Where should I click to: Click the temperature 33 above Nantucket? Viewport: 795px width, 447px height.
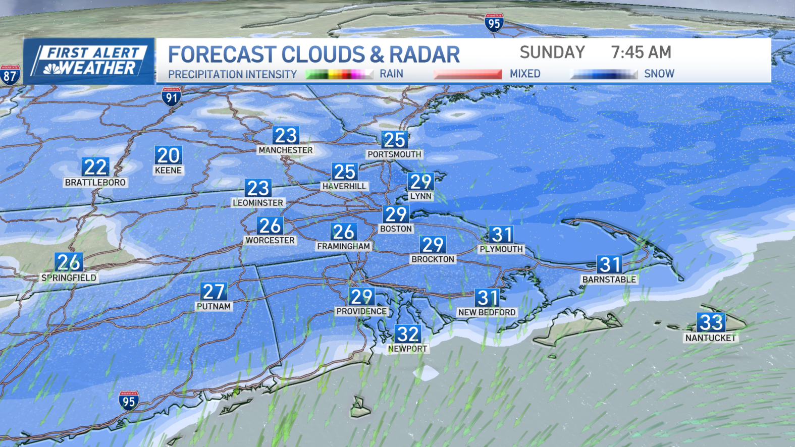pyautogui.click(x=711, y=322)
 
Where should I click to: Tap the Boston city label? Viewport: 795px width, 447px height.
pyautogui.click(x=396, y=229)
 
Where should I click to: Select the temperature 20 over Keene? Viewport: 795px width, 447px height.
pyautogui.click(x=168, y=155)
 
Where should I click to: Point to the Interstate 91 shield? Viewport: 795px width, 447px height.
pyautogui.click(x=172, y=96)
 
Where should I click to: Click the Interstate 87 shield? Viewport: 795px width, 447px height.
pyautogui.click(x=10, y=75)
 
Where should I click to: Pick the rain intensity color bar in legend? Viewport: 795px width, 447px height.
pyautogui.click(x=335, y=75)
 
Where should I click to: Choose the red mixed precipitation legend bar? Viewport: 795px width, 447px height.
pyautogui.click(x=467, y=74)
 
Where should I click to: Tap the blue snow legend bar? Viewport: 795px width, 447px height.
pyautogui.click(x=603, y=74)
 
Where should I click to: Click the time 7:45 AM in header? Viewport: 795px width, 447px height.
pyautogui.click(x=641, y=52)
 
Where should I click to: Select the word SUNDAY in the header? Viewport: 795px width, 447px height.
pyautogui.click(x=552, y=52)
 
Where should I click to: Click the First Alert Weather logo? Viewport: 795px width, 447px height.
pyautogui.click(x=89, y=61)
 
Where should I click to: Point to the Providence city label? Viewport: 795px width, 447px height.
pyautogui.click(x=361, y=311)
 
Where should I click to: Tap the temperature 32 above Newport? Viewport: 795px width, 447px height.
pyautogui.click(x=407, y=334)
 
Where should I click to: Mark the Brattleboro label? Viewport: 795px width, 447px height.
pyautogui.click(x=95, y=182)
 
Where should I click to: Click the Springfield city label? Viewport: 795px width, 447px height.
pyautogui.click(x=69, y=277)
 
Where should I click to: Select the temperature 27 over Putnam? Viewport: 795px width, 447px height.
pyautogui.click(x=214, y=292)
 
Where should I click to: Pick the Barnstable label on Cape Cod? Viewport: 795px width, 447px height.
pyautogui.click(x=609, y=279)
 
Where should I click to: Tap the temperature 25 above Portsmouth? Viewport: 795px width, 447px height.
pyautogui.click(x=394, y=140)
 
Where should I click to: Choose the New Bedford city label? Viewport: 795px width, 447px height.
pyautogui.click(x=487, y=312)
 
